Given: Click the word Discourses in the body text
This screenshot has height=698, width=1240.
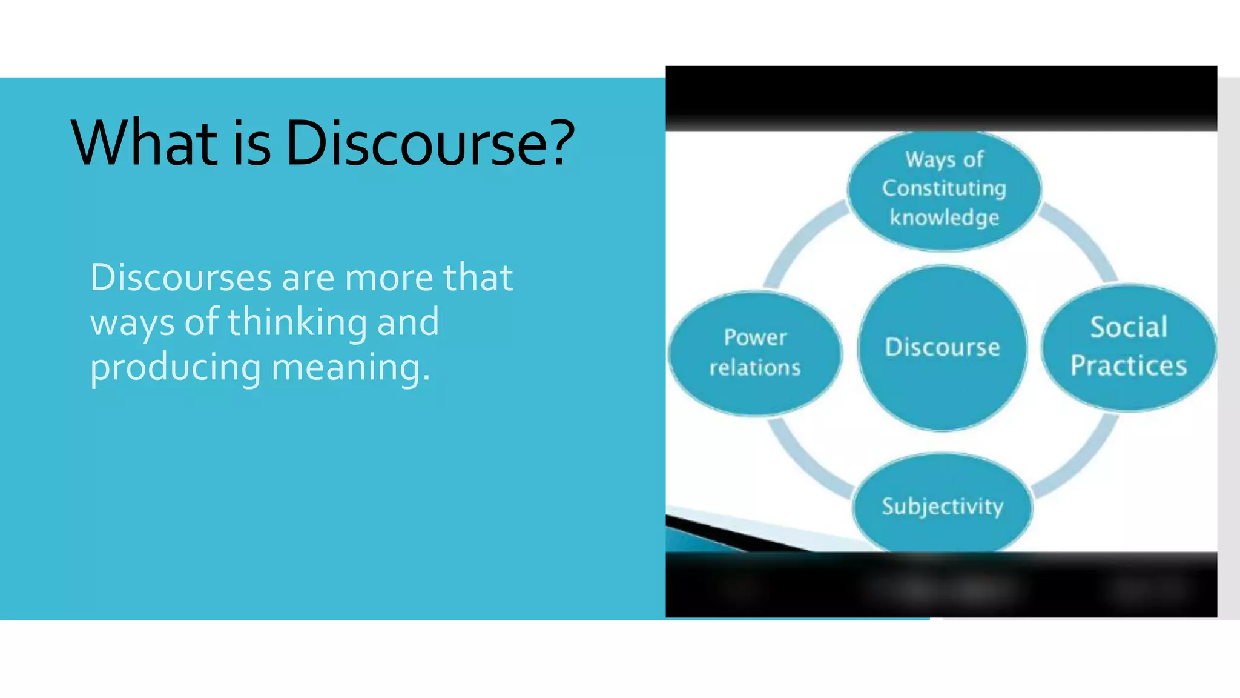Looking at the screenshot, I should point(181,278).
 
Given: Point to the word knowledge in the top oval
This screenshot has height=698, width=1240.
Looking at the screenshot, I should point(944,217).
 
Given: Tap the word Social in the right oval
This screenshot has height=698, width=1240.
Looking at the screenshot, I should point(1129,327).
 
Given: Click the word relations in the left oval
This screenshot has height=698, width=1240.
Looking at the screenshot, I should point(755,367).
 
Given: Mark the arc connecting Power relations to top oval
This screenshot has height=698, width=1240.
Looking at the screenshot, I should point(798,242).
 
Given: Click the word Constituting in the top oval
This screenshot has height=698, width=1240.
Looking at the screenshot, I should point(944,188).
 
